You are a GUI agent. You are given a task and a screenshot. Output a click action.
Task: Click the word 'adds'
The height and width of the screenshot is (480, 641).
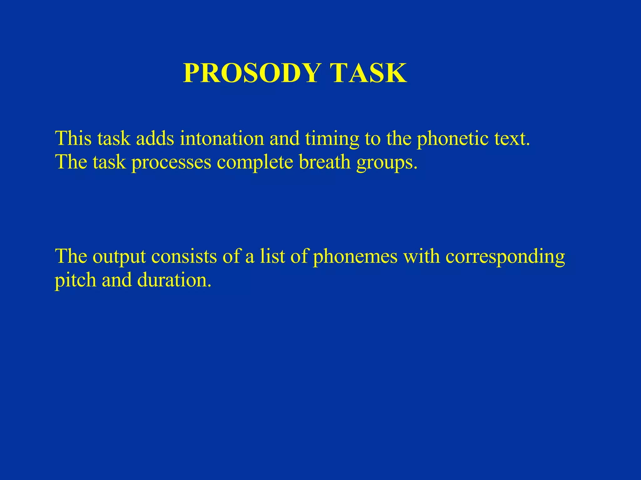click(x=155, y=138)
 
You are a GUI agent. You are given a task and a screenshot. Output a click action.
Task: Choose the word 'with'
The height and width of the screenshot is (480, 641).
click(x=421, y=256)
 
